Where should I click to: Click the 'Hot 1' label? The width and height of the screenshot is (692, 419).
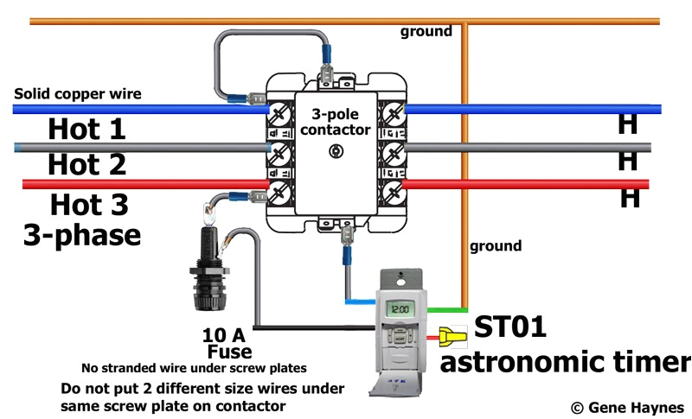[86, 130]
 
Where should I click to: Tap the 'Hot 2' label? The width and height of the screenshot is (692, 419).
[86, 163]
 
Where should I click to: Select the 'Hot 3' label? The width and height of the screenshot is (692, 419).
[88, 205]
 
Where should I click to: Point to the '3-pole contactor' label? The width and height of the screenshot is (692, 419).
[341, 122]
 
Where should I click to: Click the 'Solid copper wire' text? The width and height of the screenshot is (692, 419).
[77, 93]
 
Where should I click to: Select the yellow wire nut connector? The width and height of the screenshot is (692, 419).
[452, 334]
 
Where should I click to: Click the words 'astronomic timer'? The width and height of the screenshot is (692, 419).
[564, 361]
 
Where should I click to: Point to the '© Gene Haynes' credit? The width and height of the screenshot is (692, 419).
[627, 406]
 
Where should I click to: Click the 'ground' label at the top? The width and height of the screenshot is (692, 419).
[426, 32]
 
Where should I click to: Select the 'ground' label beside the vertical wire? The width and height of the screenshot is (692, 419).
[496, 246]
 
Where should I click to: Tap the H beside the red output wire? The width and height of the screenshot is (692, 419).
[630, 198]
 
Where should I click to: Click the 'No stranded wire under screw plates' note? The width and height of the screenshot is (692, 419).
[195, 366]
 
